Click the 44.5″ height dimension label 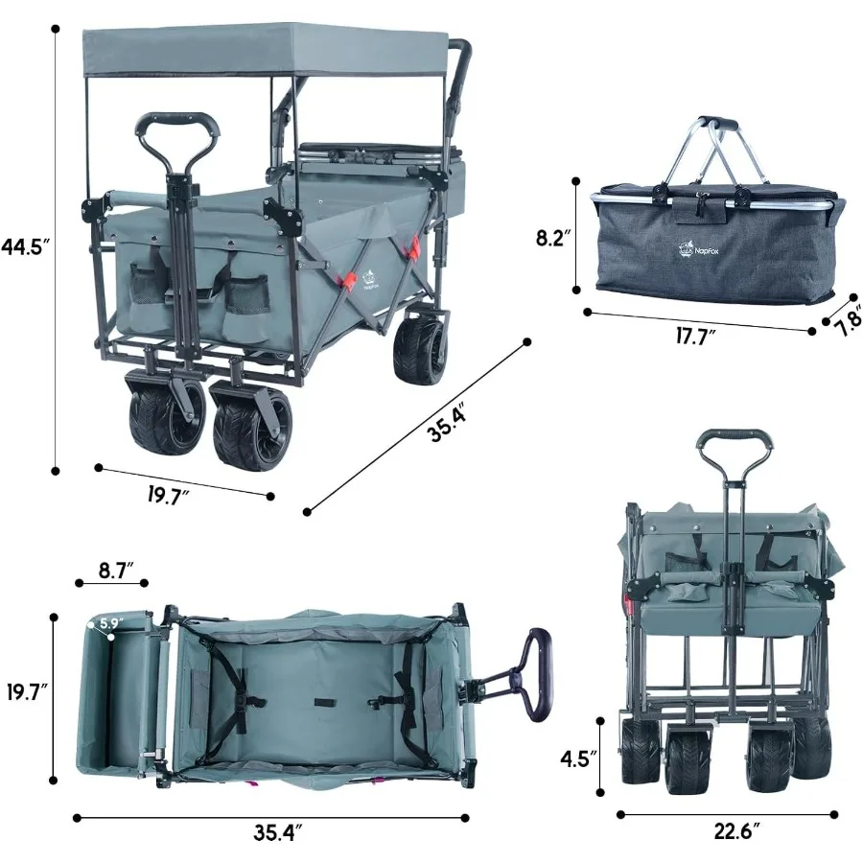pyautogui.click(x=25, y=245)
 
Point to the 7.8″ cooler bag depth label pyautogui.click(x=846, y=317)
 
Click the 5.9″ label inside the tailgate pyautogui.click(x=109, y=623)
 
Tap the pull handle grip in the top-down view pyautogui.click(x=536, y=671)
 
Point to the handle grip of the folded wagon pyautogui.click(x=734, y=438)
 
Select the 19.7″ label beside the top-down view pyautogui.click(x=26, y=690)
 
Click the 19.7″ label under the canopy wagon pyautogui.click(x=169, y=496)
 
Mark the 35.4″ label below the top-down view pyautogui.click(x=278, y=832)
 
